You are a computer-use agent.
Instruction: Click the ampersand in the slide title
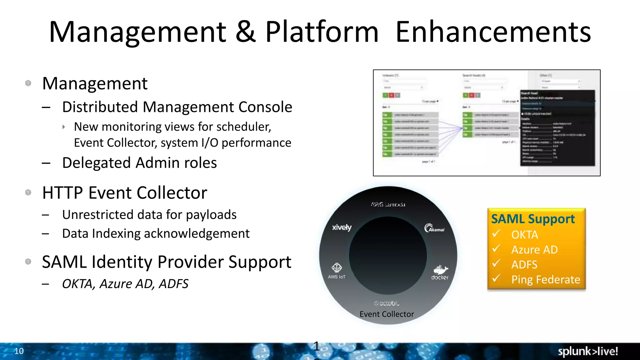tap(246, 32)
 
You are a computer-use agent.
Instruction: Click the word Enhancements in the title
tap(493, 32)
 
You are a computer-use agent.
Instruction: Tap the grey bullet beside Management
tap(28, 83)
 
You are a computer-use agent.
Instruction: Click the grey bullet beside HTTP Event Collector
tap(28, 192)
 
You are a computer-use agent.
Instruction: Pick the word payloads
tap(211, 215)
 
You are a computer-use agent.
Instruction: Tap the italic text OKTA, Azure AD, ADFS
tap(125, 284)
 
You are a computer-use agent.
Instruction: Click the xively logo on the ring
tap(342, 227)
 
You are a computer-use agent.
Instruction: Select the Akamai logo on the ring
tap(434, 228)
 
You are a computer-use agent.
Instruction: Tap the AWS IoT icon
tap(337, 268)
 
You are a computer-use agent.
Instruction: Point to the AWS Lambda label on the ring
tap(388, 204)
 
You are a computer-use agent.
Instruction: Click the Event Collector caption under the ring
tap(387, 314)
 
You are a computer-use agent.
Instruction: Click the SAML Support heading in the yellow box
tap(533, 219)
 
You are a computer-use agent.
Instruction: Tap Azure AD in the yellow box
tap(534, 250)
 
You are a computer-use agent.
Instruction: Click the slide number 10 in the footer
tap(19, 351)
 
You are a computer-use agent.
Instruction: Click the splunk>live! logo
tap(588, 351)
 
